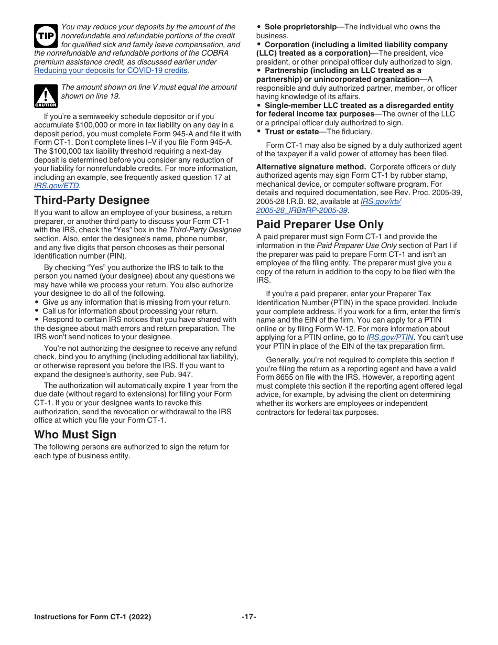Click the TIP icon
pos(45,36)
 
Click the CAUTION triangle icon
pos(45,95)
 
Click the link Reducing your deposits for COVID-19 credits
pos(111,70)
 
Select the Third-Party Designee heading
pos(92,200)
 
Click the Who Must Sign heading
pos(75,435)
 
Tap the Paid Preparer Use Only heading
pos(320,224)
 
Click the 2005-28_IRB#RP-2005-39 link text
pos(302,210)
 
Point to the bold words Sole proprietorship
pos(300,27)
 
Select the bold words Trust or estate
pos(291,132)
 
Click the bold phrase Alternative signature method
pos(311,167)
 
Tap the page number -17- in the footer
pos(249,617)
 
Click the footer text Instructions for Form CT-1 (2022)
pos(92,617)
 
